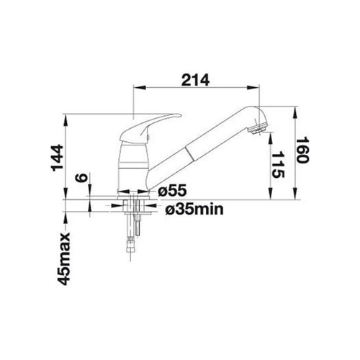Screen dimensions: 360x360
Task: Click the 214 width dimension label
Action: point(195,80)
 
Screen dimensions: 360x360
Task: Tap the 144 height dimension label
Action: point(58,158)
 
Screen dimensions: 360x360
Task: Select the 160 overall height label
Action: point(302,150)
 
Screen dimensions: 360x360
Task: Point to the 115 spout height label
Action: point(278,165)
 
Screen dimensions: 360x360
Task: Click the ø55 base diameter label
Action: point(172,191)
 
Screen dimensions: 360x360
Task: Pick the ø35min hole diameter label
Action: point(194,210)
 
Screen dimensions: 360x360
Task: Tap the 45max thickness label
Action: point(63,258)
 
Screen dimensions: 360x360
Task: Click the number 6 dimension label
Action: point(81,178)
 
